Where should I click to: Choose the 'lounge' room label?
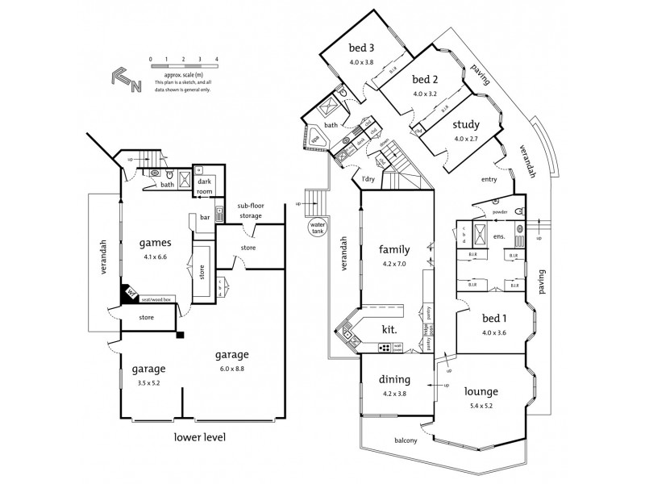click(x=481, y=391)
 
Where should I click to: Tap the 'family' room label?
click(x=394, y=249)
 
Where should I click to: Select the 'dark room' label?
click(x=206, y=186)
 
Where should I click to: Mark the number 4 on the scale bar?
click(x=217, y=60)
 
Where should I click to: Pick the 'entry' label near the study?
click(x=489, y=180)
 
